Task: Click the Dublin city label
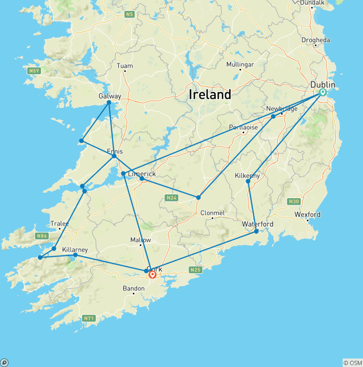pyautogui.click(x=323, y=85)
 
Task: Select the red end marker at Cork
pyautogui.click(x=153, y=274)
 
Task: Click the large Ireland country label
pyautogui.click(x=210, y=95)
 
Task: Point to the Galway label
pyautogui.click(x=110, y=96)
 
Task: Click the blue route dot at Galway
pyautogui.click(x=109, y=102)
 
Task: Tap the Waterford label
pyautogui.click(x=258, y=224)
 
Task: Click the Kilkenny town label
pyautogui.click(x=247, y=175)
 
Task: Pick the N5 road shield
pyautogui.click(x=130, y=15)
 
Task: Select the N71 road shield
pyautogui.click(x=88, y=318)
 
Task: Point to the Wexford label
pyautogui.click(x=307, y=214)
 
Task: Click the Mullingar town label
pyautogui.click(x=240, y=64)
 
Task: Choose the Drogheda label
pyautogui.click(x=316, y=40)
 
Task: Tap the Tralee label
pyautogui.click(x=60, y=224)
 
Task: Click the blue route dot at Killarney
pyautogui.click(x=75, y=255)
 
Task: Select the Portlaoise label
pyautogui.click(x=243, y=127)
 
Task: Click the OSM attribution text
pyautogui.click(x=353, y=363)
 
